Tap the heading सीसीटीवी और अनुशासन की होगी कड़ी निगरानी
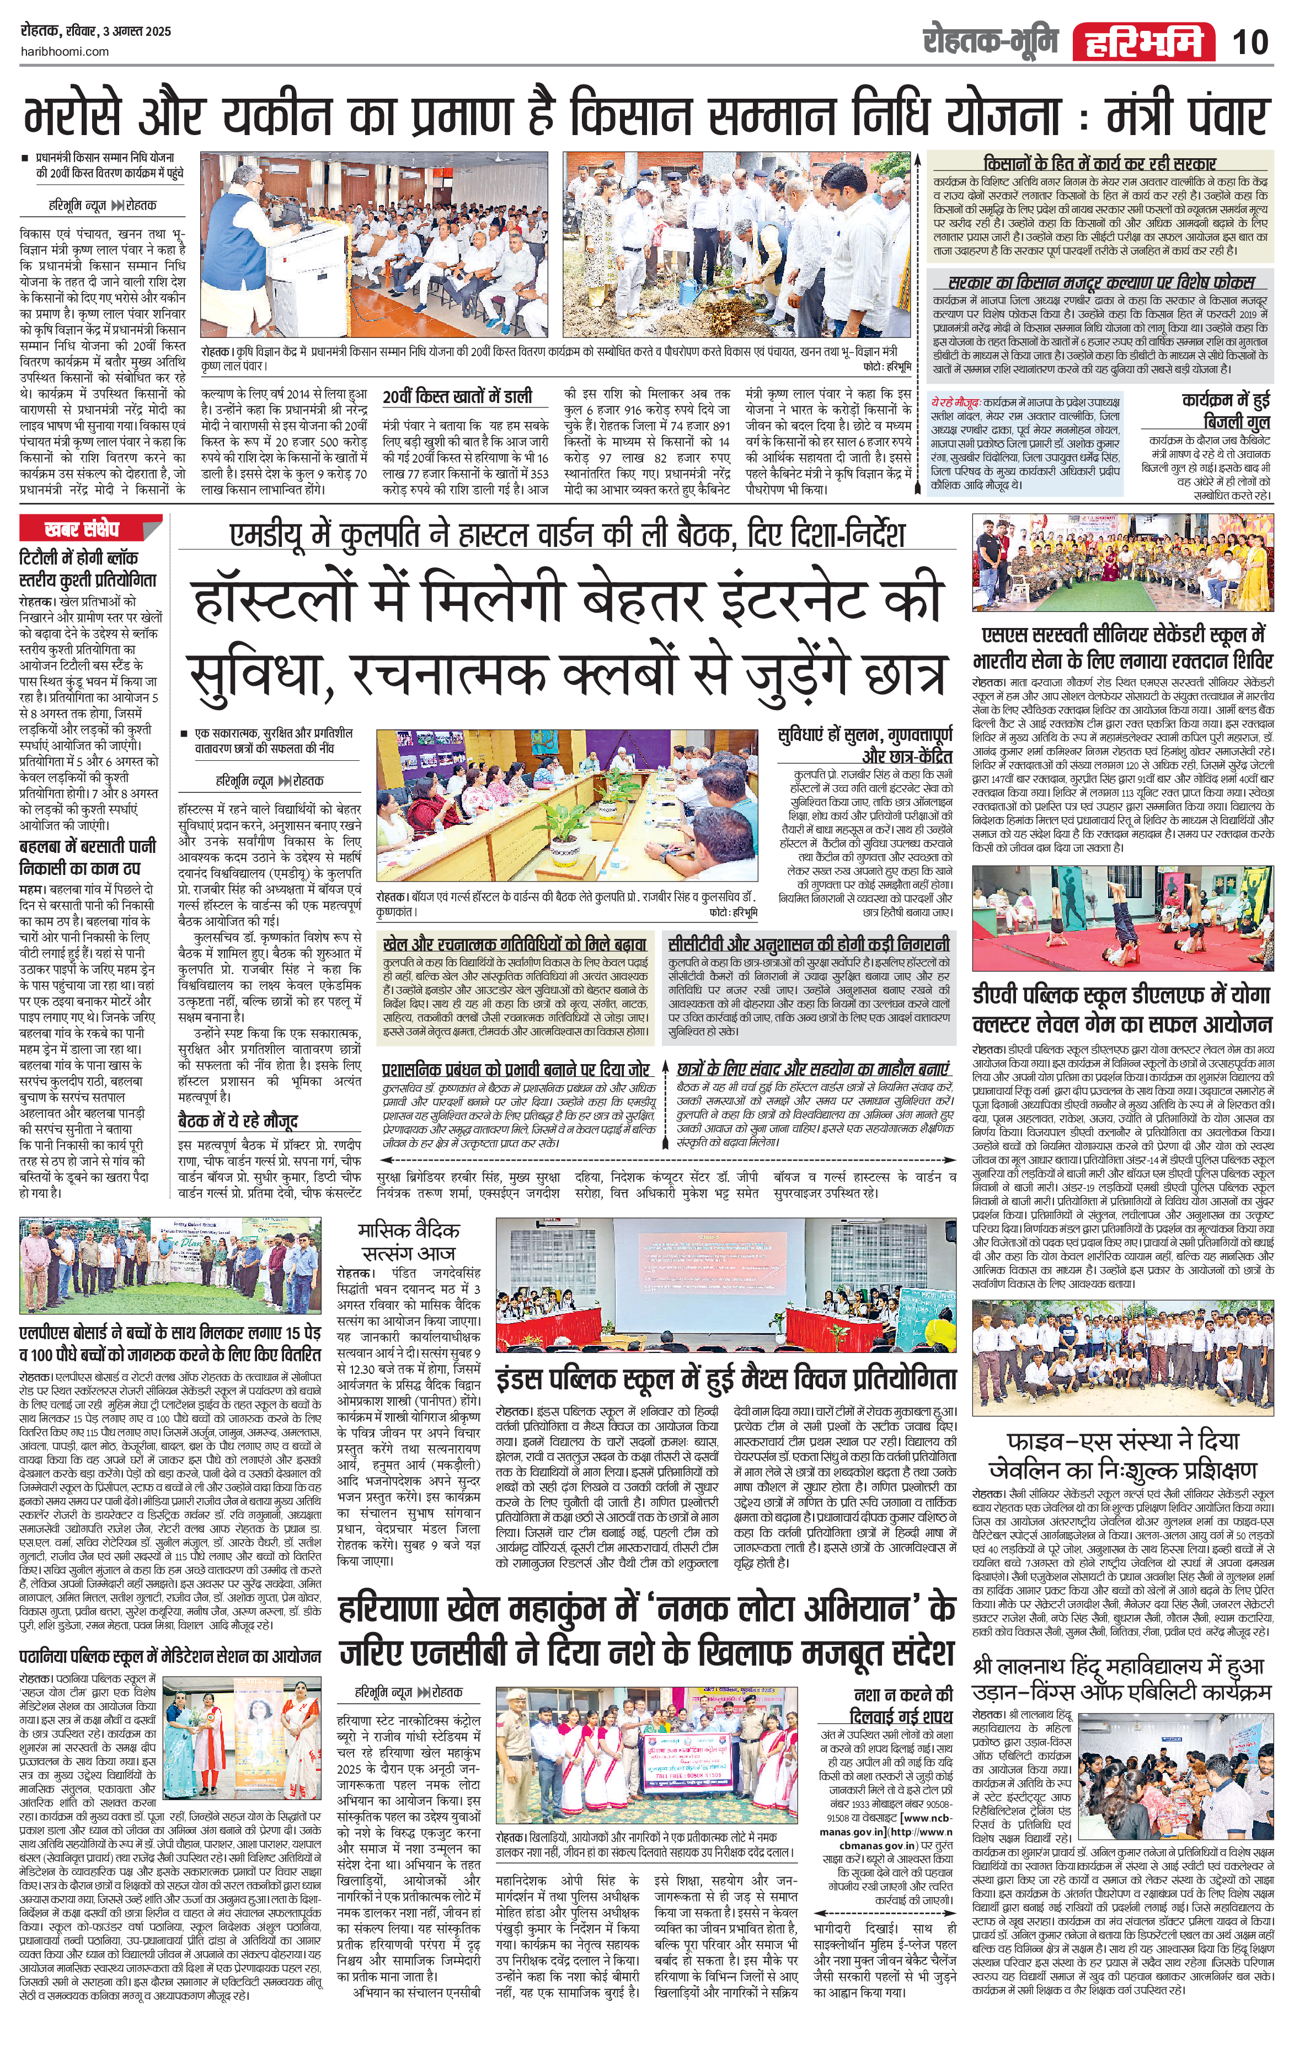809,944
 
